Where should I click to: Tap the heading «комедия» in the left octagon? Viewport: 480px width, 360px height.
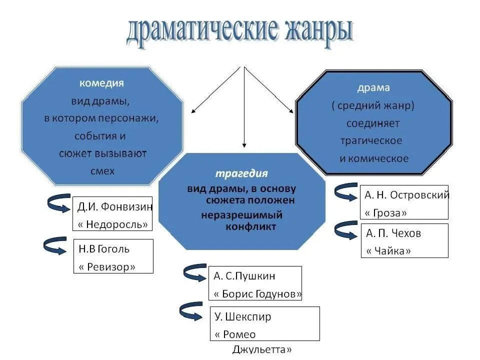[101, 82]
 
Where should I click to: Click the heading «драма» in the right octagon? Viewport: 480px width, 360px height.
[373, 88]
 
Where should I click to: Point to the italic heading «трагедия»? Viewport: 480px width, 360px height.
[241, 173]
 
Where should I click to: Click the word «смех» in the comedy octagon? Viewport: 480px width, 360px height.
[102, 170]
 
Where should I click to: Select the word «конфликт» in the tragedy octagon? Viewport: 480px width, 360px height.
[247, 226]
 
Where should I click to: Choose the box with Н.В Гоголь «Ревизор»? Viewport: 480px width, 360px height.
[113, 256]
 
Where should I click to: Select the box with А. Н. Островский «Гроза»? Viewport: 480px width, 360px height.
[404, 202]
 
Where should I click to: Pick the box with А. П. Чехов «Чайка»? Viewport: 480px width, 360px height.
[404, 241]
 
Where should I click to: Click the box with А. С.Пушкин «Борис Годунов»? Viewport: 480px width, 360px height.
[255, 283]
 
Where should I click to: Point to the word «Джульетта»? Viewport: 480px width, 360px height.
[262, 349]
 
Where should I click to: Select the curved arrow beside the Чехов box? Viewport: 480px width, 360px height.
[346, 230]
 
